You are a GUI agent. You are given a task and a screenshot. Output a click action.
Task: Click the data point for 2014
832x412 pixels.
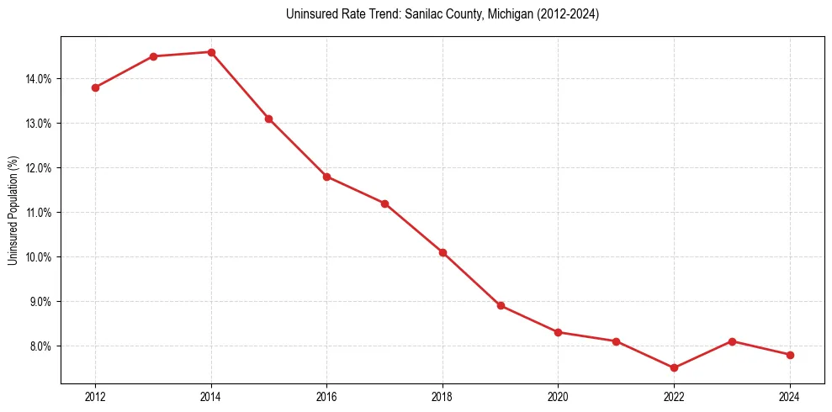[x=211, y=52]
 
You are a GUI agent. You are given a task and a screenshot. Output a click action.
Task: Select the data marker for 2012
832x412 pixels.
[x=95, y=87]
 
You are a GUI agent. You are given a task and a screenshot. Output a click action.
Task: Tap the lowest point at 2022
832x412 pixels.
[x=674, y=367]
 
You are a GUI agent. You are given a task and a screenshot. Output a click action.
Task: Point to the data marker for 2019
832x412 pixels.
[x=501, y=305]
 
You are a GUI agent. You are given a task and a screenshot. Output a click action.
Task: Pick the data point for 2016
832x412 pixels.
[x=326, y=177]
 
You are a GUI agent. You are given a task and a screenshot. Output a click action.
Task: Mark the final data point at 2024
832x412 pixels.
[x=790, y=355]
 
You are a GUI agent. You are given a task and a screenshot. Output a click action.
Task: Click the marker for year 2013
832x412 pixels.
[x=153, y=56]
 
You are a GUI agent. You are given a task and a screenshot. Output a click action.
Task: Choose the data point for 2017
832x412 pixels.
[x=384, y=203]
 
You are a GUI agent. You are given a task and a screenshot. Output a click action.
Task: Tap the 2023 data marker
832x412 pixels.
[x=732, y=341]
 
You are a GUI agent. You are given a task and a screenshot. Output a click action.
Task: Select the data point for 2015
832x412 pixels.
[x=268, y=119]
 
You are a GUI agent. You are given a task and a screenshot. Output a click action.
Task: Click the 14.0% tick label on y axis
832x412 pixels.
[x=40, y=79]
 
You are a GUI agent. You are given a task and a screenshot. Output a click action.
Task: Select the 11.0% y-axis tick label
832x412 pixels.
[x=40, y=213]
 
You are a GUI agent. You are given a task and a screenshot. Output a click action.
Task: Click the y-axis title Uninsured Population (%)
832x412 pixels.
[x=13, y=210]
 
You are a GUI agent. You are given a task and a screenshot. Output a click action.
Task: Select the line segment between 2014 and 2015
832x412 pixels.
[x=240, y=86]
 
